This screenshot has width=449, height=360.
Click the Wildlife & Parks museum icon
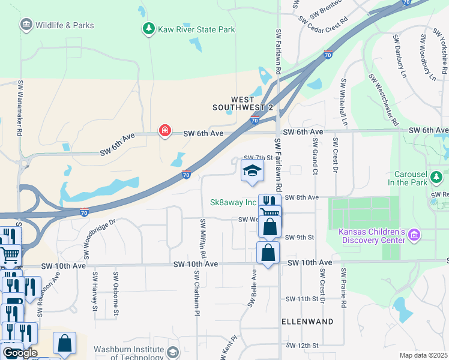tap(26, 25)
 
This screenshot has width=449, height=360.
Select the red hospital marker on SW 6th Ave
tap(164, 131)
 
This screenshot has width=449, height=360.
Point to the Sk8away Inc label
tap(233, 202)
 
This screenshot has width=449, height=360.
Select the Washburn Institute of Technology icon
tap(173, 352)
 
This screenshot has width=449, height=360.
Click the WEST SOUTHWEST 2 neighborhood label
tap(243, 103)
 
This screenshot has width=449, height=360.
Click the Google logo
tap(19, 352)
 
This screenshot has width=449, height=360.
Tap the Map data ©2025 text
tap(423, 355)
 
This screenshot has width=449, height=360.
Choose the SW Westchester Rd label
tap(384, 99)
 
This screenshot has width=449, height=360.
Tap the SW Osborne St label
tap(116, 292)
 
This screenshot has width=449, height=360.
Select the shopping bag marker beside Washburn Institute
tap(64, 343)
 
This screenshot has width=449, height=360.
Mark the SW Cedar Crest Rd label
tap(327, 24)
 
